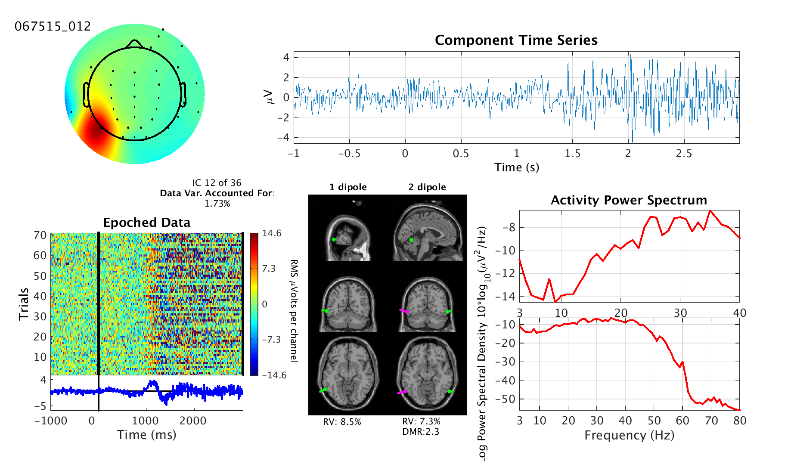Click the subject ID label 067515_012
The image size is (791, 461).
[53, 27]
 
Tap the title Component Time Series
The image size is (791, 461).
[516, 40]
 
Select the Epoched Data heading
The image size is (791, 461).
[147, 223]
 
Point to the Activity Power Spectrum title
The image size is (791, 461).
[629, 200]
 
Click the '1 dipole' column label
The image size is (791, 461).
[348, 187]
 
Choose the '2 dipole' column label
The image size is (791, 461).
[427, 187]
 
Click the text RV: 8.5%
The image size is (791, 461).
[342, 422]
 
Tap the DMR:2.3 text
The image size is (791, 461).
[421, 432]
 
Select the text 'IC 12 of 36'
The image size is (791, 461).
[217, 183]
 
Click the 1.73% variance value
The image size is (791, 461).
[217, 204]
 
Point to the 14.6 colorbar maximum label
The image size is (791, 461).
[272, 233]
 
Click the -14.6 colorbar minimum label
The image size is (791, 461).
[274, 375]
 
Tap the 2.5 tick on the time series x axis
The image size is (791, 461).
[684, 154]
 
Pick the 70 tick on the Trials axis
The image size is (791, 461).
[40, 235]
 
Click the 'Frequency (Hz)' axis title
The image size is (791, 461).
[629, 435]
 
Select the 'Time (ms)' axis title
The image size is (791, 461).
[147, 435]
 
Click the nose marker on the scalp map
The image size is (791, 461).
[135, 43]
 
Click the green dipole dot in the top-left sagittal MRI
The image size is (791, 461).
[334, 239]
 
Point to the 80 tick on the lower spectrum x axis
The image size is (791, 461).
[740, 421]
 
